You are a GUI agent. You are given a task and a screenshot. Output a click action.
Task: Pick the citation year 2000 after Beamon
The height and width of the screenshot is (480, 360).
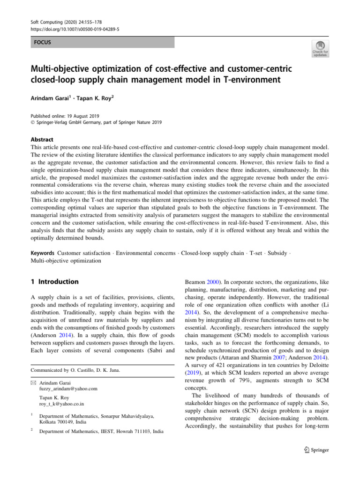coord(215,282)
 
